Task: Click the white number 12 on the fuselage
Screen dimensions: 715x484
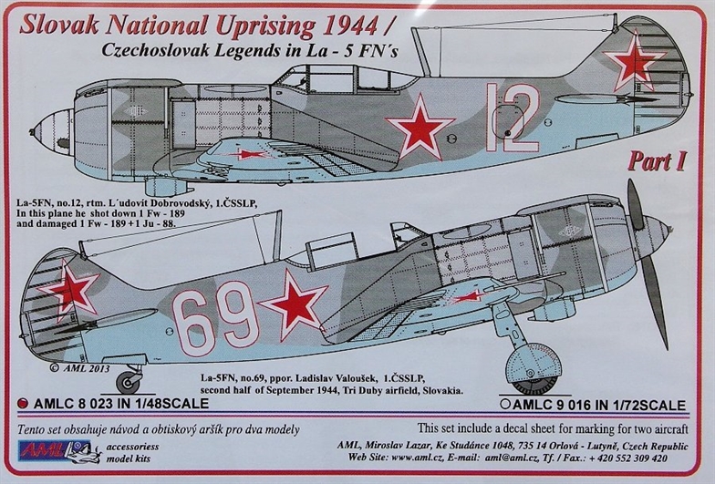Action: (x=513, y=118)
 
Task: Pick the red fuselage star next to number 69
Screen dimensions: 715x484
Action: (x=294, y=304)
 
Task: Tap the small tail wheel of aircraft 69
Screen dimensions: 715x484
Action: (x=128, y=383)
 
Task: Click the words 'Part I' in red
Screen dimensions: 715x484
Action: (x=657, y=162)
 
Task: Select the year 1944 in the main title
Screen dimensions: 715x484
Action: (x=348, y=26)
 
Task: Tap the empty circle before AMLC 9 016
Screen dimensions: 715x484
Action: (x=504, y=405)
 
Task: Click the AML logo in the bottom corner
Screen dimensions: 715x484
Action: (x=58, y=451)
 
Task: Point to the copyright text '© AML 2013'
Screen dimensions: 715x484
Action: (x=79, y=368)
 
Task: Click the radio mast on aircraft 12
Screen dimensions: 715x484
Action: (x=421, y=51)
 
